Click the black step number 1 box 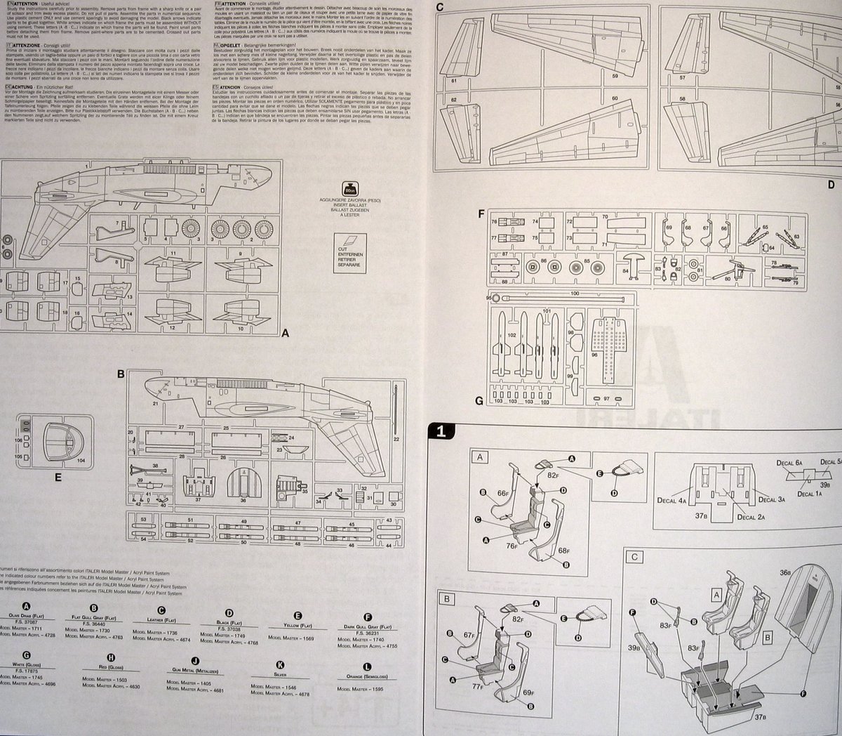click(x=439, y=432)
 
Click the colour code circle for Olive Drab click(x=27, y=607)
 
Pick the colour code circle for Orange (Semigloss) click(x=367, y=664)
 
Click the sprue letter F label click(x=479, y=213)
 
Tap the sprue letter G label click(x=479, y=401)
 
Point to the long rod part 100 click(x=561, y=298)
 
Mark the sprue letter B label click(x=121, y=374)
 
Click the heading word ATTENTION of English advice click(x=21, y=4)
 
